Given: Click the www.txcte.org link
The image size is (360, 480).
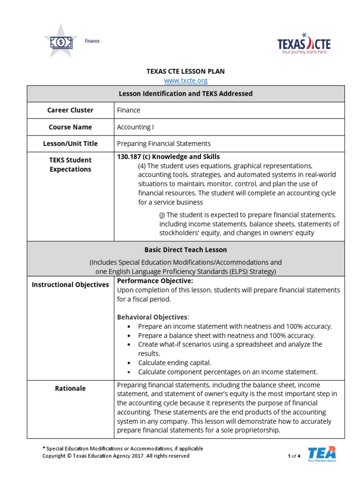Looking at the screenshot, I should (x=186, y=81).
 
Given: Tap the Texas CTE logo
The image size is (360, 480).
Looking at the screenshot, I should (x=304, y=44).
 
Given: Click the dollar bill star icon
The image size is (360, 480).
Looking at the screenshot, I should (x=61, y=42).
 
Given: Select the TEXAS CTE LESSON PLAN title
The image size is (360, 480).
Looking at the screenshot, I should (x=186, y=71).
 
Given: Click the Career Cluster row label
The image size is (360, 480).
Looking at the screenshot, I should (x=70, y=110).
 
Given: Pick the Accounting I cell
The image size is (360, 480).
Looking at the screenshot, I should (x=135, y=127).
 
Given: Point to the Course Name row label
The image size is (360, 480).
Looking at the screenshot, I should (x=70, y=127).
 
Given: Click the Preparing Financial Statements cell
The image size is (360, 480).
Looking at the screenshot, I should (x=164, y=143).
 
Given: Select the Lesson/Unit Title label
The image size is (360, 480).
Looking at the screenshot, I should (x=70, y=143).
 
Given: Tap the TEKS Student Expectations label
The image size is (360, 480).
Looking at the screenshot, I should (x=70, y=165).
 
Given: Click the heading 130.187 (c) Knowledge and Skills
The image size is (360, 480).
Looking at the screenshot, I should (x=168, y=157).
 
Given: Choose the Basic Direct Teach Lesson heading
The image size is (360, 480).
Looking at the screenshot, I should (x=186, y=250).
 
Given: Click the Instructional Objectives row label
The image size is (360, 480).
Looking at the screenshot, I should (x=70, y=285).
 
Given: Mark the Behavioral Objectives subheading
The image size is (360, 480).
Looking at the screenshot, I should (x=151, y=317).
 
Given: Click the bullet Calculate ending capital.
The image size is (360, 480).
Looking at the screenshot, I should (x=174, y=363).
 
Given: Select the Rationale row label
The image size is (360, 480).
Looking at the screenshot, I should (x=70, y=388).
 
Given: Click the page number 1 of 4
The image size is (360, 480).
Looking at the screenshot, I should (x=293, y=456).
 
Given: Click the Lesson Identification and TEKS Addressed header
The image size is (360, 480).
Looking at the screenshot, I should (x=186, y=93).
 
